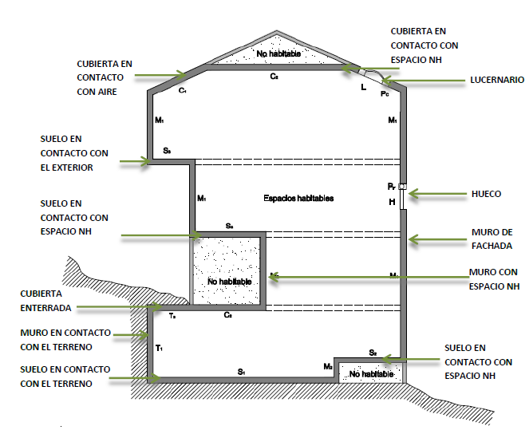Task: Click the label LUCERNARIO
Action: click(497, 80)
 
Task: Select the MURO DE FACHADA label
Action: click(491, 239)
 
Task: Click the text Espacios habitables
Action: click(298, 198)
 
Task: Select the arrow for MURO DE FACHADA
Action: click(439, 239)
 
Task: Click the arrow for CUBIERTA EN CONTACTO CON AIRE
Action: click(160, 76)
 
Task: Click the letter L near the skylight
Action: click(364, 86)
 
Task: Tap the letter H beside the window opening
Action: click(392, 202)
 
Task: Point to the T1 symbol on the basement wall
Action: click(160, 348)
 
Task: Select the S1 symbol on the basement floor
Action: click(241, 373)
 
